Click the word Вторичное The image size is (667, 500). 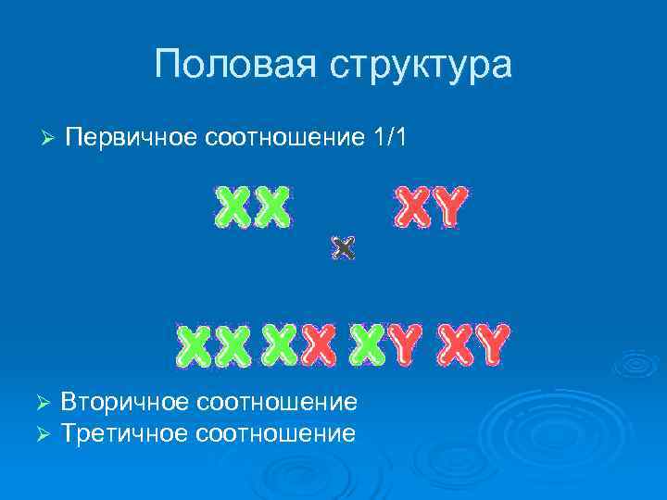124,402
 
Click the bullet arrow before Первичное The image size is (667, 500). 50,138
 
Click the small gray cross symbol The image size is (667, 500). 343,248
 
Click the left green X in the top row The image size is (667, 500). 233,207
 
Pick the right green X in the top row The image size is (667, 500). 271,207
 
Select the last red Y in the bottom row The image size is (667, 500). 488,344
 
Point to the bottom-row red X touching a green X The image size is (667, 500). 317,344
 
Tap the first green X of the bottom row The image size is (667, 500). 195,344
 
